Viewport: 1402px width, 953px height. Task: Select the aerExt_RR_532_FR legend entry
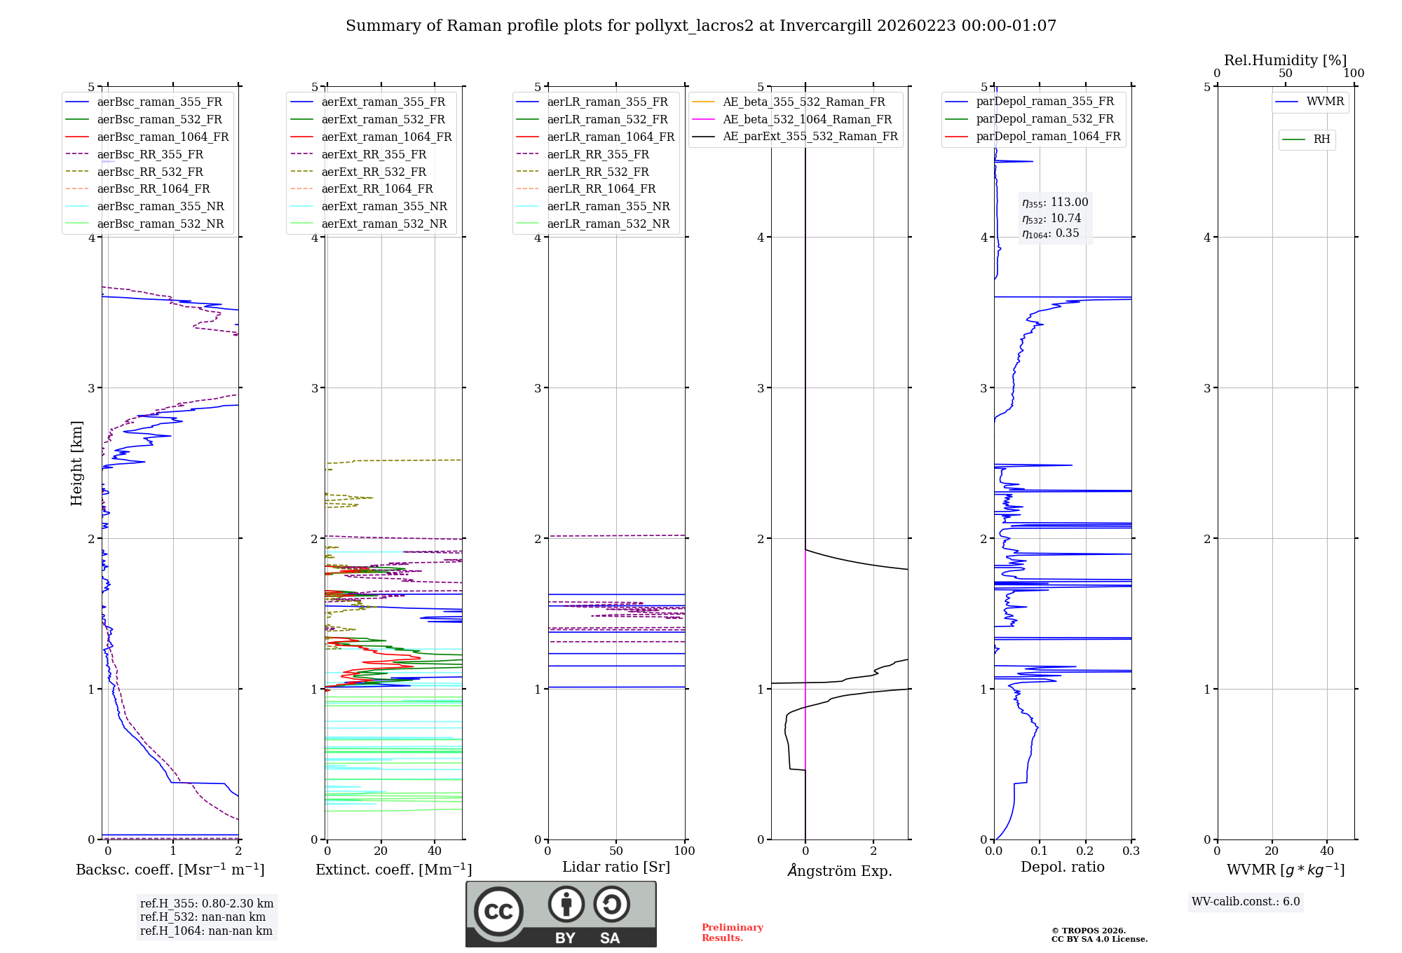click(x=374, y=172)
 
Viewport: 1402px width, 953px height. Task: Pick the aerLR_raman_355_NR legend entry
click(x=608, y=206)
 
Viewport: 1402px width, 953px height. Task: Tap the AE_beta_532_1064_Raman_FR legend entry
click(x=807, y=119)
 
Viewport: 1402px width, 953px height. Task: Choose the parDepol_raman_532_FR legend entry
click(x=1044, y=118)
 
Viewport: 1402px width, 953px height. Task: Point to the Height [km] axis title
click(x=76, y=463)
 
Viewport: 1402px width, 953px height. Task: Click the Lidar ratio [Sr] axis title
click(x=616, y=867)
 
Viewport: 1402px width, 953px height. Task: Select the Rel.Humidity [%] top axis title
click(x=1285, y=60)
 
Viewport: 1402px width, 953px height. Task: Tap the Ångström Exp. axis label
click(x=840, y=870)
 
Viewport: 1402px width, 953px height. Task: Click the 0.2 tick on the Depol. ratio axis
click(x=1085, y=851)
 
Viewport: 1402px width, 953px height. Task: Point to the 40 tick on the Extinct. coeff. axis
click(x=435, y=851)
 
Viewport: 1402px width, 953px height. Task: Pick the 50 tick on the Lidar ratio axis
click(x=616, y=851)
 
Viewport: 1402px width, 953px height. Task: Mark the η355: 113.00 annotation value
click(x=1055, y=203)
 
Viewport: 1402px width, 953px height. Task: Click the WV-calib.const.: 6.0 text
click(x=1246, y=901)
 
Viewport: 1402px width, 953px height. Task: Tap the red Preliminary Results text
click(x=732, y=932)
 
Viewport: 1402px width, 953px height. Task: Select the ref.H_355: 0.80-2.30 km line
click(x=207, y=903)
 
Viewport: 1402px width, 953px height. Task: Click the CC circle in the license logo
click(x=498, y=911)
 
